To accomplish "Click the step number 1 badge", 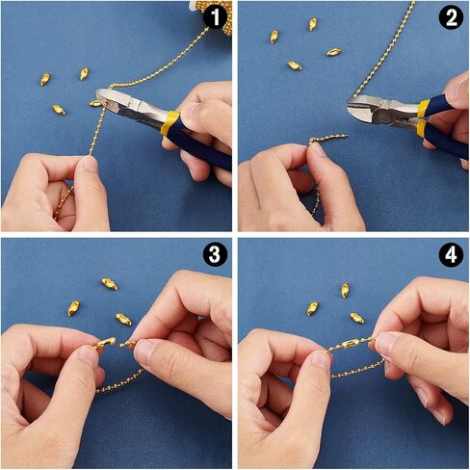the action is click(x=215, y=16).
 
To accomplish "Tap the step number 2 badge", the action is click(x=451, y=17).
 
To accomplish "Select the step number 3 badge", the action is click(x=215, y=254).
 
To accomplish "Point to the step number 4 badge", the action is click(x=451, y=255).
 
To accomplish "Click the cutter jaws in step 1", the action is click(x=109, y=98).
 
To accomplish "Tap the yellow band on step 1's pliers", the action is click(x=170, y=123).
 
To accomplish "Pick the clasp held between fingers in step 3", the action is click(x=105, y=343).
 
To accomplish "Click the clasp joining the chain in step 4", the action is click(x=350, y=344).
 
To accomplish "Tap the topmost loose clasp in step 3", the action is click(x=110, y=284).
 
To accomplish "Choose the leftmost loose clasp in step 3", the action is click(x=73, y=308).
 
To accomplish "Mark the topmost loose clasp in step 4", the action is click(x=345, y=290).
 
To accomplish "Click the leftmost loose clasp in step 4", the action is click(x=312, y=308).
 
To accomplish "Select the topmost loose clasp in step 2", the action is click(x=313, y=24).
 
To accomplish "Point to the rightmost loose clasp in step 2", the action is click(x=333, y=52).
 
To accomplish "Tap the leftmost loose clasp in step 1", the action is click(x=45, y=79).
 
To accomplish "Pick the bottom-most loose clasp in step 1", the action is click(x=59, y=110).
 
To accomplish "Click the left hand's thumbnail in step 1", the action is click(x=91, y=165).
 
